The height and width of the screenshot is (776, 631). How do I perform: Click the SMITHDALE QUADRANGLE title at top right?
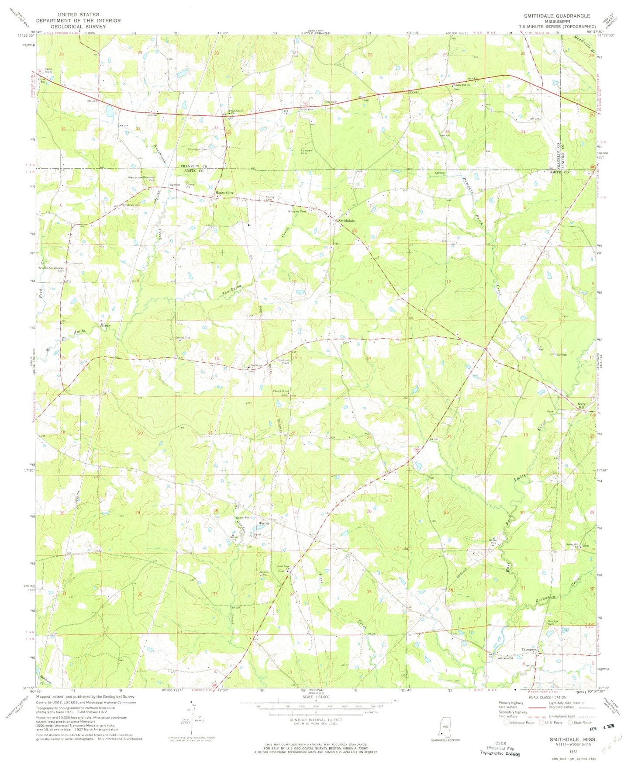[x=557, y=16]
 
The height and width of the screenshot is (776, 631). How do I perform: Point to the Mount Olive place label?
[x=224, y=193]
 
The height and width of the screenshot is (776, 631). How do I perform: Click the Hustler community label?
[x=264, y=523]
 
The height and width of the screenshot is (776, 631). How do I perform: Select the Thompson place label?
[x=529, y=650]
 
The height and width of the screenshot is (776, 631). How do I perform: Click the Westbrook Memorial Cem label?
[x=141, y=179]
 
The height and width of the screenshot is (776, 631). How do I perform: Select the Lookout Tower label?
[x=285, y=361]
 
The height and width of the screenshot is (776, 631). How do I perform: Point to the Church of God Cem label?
[x=281, y=392]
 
